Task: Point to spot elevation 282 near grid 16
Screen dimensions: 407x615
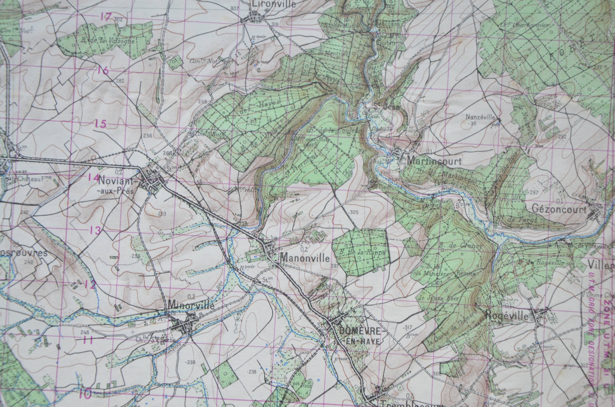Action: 120,81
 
